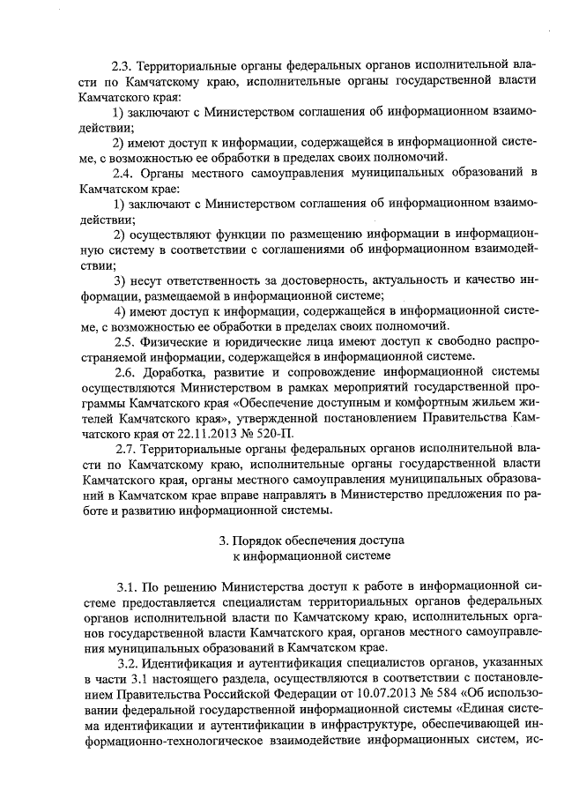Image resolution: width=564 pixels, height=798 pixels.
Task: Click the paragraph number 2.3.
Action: click(123, 64)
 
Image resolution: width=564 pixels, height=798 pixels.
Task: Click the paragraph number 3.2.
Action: click(128, 664)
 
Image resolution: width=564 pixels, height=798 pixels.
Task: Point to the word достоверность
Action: click(290, 280)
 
